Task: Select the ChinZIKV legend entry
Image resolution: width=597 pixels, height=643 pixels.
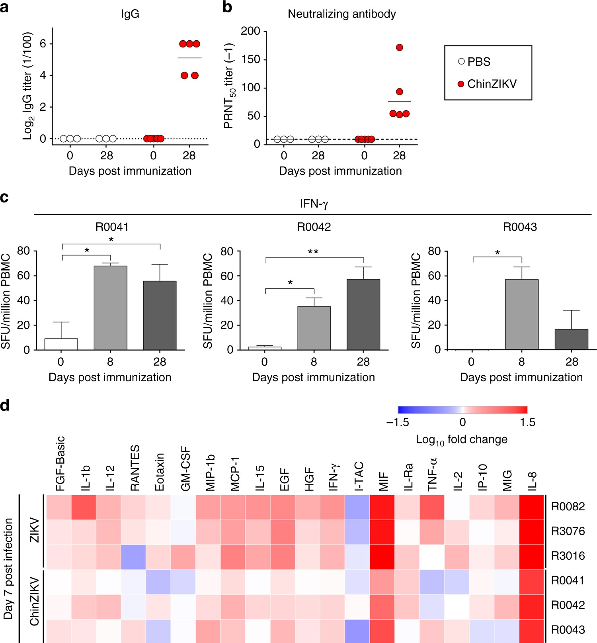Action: [x=487, y=84]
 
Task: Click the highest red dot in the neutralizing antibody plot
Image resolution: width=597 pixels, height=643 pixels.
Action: [x=400, y=47]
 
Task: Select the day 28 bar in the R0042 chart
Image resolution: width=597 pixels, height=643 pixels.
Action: [x=363, y=314]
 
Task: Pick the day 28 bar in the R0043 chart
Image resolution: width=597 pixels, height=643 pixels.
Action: [x=571, y=339]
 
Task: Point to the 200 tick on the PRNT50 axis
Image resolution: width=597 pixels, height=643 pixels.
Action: [x=250, y=31]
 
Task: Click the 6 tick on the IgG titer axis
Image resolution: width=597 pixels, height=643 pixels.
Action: [x=43, y=43]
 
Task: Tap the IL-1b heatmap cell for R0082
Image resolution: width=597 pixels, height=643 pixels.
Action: [x=84, y=507]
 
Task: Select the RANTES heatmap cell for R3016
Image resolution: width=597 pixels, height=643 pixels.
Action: [x=133, y=557]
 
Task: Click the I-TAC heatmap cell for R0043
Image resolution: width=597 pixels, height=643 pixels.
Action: [x=357, y=631]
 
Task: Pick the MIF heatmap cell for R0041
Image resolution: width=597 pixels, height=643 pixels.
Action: [x=382, y=581]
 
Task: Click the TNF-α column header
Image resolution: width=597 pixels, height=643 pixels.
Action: [x=432, y=474]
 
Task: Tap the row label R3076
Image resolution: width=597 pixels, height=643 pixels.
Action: [x=568, y=531]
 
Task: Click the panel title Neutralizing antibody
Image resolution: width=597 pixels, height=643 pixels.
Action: [x=341, y=14]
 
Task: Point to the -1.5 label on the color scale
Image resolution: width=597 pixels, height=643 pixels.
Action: [x=398, y=422]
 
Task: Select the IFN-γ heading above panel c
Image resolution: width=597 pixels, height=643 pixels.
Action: [x=314, y=204]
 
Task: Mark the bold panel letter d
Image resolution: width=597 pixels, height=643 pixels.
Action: [x=5, y=406]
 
